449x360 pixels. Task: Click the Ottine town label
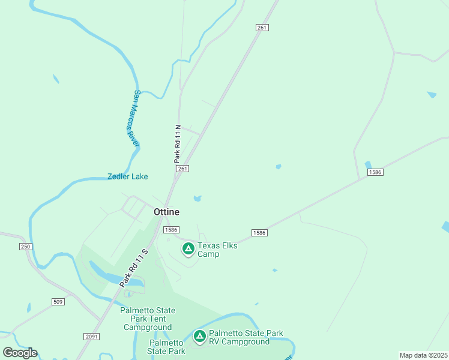point(166,212)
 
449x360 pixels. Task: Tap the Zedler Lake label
point(127,176)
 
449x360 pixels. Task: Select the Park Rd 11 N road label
point(178,144)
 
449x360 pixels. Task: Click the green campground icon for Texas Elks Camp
point(188,248)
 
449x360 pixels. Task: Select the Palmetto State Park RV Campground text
point(246,337)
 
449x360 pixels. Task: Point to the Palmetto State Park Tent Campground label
point(148,319)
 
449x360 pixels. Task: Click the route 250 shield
point(25,247)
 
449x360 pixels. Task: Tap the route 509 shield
point(58,301)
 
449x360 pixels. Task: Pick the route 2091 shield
point(92,337)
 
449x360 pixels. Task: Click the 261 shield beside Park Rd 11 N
point(183,169)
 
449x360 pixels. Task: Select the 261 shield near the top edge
point(262,28)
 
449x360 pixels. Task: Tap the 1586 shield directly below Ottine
point(172,229)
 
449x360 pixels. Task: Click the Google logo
point(20,352)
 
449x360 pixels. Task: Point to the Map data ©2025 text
point(423,355)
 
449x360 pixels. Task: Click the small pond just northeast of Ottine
point(197,198)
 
